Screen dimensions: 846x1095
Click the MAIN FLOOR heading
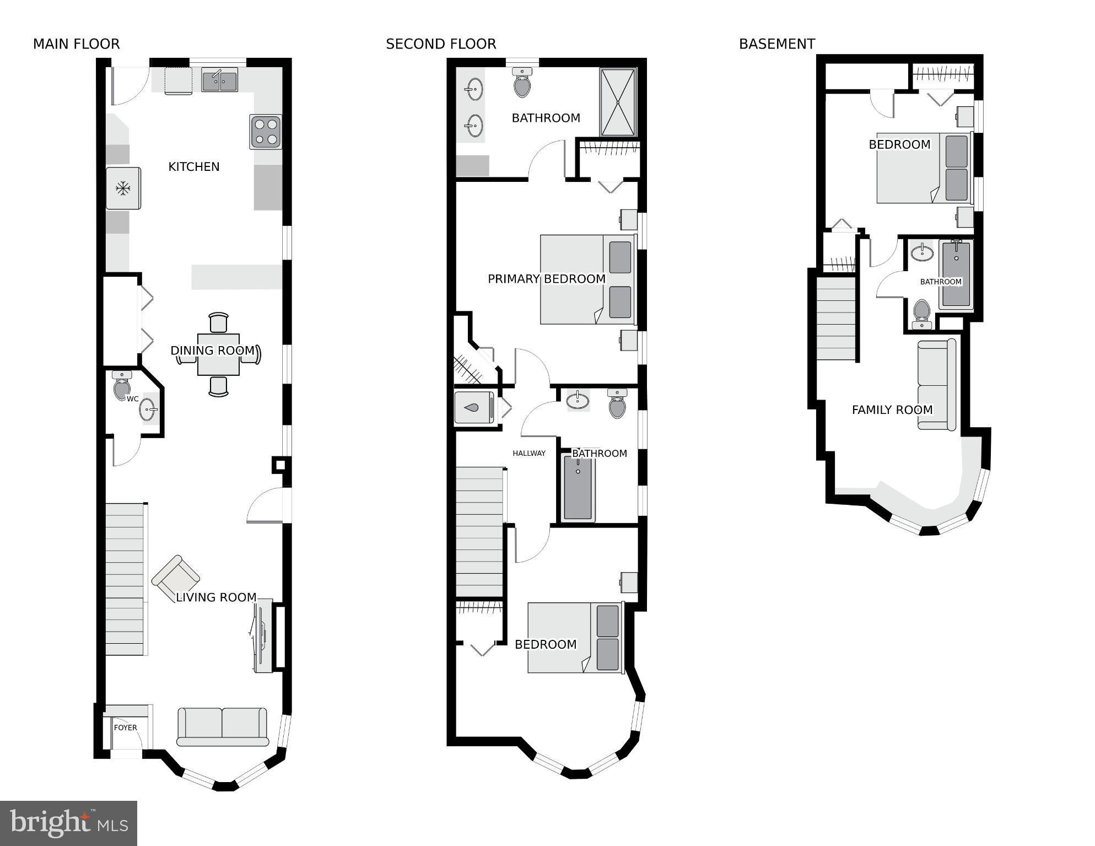pos(76,44)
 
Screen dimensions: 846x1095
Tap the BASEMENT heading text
pos(776,44)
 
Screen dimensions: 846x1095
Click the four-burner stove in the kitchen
pos(266,132)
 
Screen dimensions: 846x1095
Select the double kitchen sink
pos(219,80)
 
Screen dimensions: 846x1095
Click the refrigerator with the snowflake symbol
pos(123,188)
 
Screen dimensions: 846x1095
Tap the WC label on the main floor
pos(132,398)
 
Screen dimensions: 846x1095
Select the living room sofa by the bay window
pos(222,726)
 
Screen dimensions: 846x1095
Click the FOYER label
pos(125,728)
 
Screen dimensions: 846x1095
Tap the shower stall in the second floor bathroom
pos(618,103)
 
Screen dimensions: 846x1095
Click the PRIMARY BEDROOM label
pos(546,279)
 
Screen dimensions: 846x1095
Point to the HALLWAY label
pos(528,453)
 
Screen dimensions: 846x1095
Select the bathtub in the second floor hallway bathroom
pos(578,487)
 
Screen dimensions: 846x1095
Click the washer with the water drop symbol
pos(473,408)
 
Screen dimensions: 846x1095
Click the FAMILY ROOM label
pos(892,409)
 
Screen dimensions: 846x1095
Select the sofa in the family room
pos(936,385)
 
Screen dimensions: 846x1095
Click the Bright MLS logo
pos(68,823)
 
